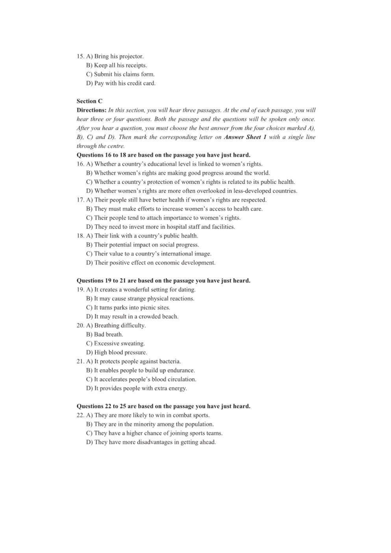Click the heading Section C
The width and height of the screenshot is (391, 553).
click(x=89, y=101)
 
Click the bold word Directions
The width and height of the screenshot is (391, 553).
click(x=91, y=110)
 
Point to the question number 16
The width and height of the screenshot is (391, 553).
click(x=80, y=164)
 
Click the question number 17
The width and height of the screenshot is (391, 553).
click(x=80, y=200)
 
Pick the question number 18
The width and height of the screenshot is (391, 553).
click(x=80, y=236)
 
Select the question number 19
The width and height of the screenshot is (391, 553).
click(x=80, y=290)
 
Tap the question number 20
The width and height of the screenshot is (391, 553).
click(x=80, y=326)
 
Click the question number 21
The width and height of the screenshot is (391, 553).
click(x=80, y=362)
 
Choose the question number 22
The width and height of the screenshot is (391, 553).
click(x=80, y=416)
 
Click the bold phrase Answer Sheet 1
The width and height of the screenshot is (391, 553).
click(x=245, y=137)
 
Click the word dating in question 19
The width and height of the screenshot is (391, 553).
click(x=187, y=290)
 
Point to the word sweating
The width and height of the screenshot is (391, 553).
click(x=133, y=343)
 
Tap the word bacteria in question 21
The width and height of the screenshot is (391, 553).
click(x=170, y=362)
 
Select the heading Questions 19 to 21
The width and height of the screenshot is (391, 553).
click(x=163, y=281)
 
